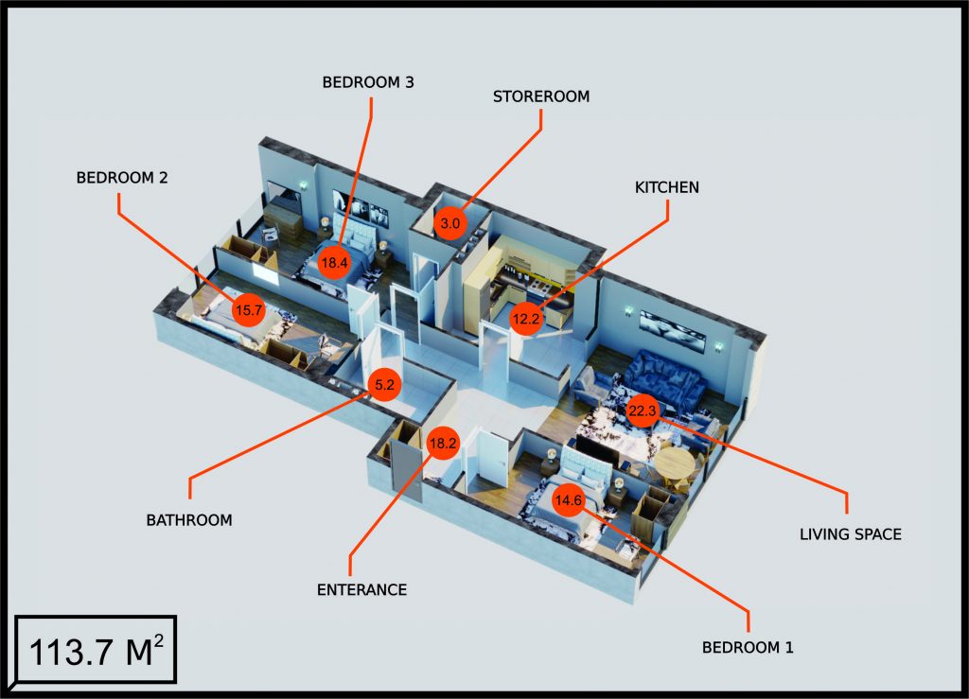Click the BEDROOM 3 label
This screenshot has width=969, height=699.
pyautogui.click(x=368, y=82)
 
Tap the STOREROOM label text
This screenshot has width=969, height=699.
pyautogui.click(x=541, y=96)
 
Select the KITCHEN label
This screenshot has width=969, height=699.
pyautogui.click(x=666, y=187)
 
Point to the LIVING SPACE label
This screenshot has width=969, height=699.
pyautogui.click(x=851, y=534)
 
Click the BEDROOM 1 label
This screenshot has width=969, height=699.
pyautogui.click(x=747, y=648)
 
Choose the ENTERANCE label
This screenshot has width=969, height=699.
pyautogui.click(x=361, y=589)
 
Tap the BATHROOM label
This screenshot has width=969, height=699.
pyautogui.click(x=189, y=519)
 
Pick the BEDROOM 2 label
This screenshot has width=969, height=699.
pyautogui.click(x=122, y=177)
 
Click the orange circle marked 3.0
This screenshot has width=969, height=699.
pyautogui.click(x=450, y=224)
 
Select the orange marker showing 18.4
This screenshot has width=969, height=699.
pyautogui.click(x=334, y=263)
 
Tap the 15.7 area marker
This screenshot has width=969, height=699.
pyautogui.click(x=248, y=309)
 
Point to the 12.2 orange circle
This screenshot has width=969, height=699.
pyautogui.click(x=525, y=320)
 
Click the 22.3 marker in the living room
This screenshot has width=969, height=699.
pyautogui.click(x=642, y=410)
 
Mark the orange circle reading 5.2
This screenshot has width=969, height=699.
pyautogui.click(x=383, y=385)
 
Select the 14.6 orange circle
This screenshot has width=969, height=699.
pyautogui.click(x=568, y=500)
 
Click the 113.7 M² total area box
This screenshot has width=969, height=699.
pyautogui.click(x=96, y=650)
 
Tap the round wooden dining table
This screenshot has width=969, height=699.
pyautogui.click(x=676, y=463)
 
